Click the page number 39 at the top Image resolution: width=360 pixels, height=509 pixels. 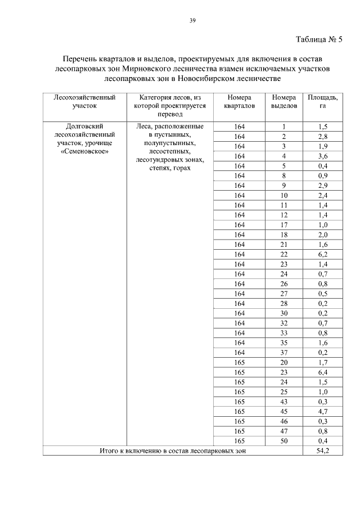(192, 21)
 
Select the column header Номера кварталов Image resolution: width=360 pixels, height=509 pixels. (240, 101)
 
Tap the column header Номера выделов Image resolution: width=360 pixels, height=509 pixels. (284, 101)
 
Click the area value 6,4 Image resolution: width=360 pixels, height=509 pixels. (323, 372)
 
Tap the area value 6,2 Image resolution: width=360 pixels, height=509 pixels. (323, 254)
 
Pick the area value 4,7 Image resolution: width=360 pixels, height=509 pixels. (323, 411)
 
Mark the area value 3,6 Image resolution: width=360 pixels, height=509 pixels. (323, 155)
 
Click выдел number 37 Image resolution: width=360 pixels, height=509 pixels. (284, 352)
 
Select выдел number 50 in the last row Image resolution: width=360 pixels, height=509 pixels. (284, 440)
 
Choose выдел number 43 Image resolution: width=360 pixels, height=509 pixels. (284, 401)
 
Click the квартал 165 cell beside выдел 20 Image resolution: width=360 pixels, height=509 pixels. (240, 362)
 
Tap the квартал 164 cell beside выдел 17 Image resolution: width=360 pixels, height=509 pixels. (240, 224)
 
